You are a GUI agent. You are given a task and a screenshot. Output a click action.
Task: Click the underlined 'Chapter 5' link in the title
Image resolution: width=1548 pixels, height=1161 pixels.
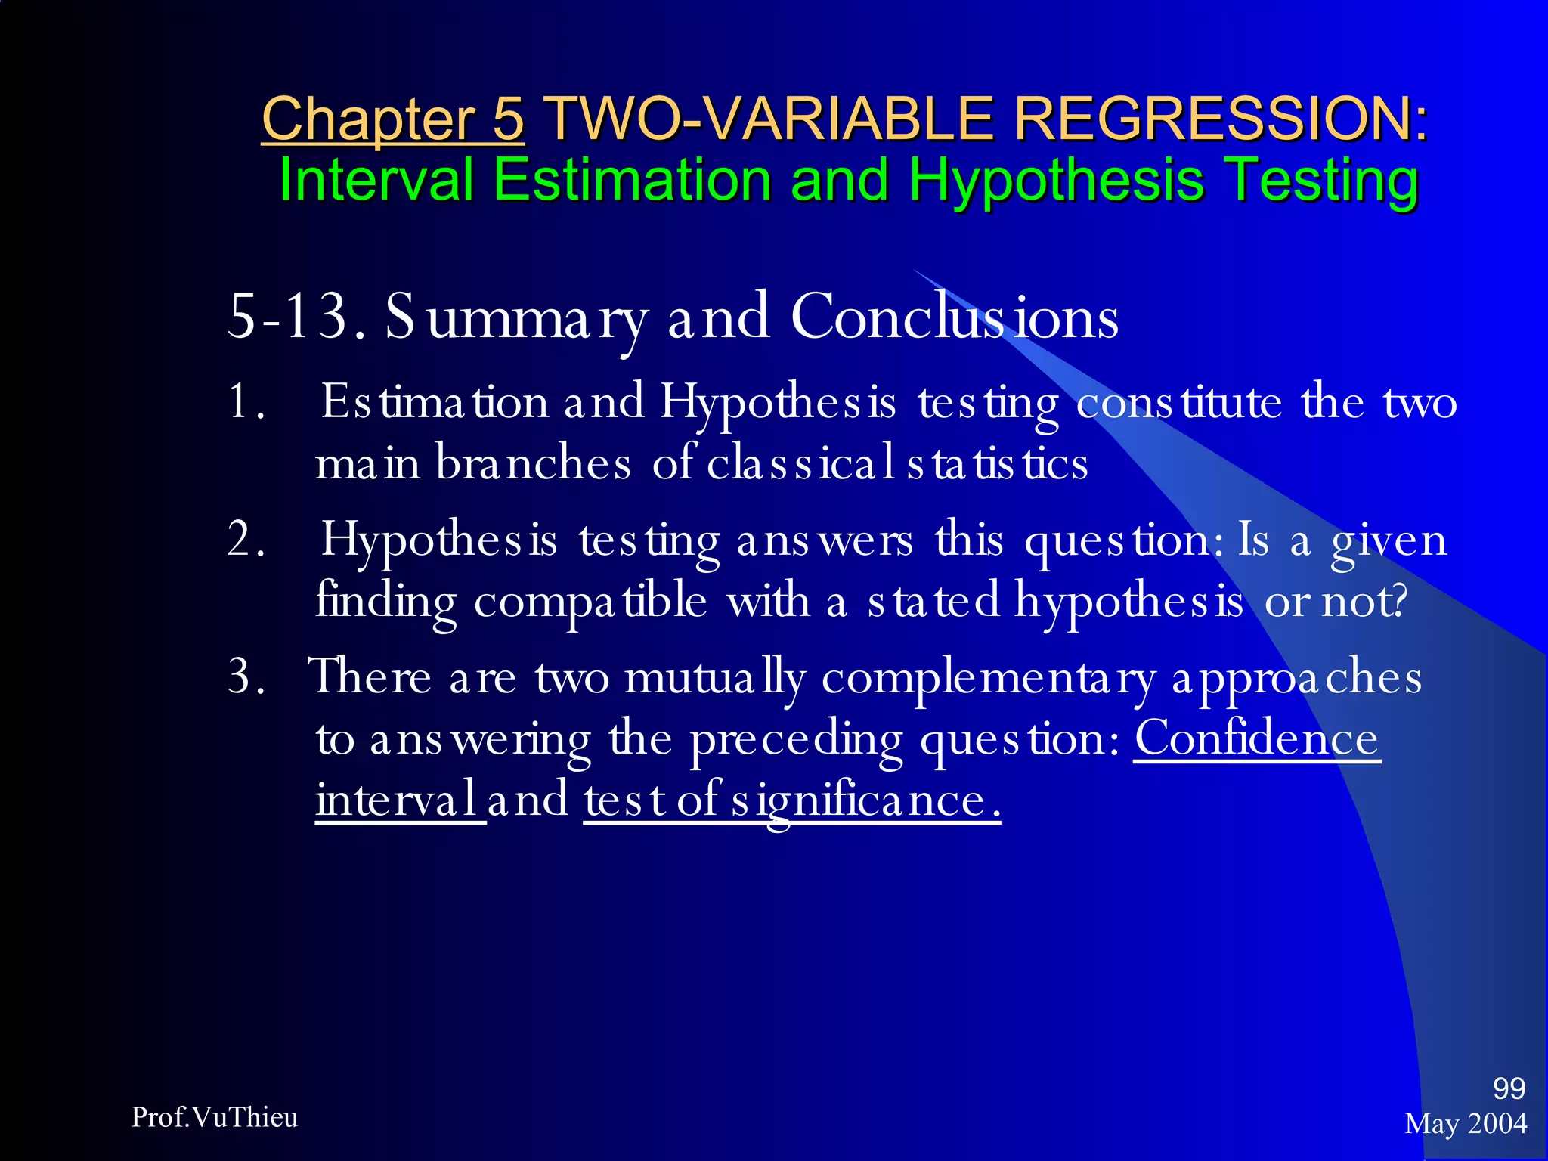[392, 119]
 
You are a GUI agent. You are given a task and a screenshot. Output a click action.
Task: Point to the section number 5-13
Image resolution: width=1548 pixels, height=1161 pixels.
[287, 316]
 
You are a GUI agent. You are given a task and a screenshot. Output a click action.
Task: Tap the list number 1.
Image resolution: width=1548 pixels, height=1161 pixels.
[246, 401]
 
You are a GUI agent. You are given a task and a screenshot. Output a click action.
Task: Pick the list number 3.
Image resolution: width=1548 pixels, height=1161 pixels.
[246, 676]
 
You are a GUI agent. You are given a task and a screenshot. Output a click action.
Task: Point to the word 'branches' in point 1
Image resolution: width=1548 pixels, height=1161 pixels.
[533, 463]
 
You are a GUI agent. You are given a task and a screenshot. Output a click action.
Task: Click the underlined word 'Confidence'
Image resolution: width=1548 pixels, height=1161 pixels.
[1256, 738]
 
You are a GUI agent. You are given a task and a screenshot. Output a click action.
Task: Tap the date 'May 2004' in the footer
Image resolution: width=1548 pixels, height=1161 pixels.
[1466, 1124]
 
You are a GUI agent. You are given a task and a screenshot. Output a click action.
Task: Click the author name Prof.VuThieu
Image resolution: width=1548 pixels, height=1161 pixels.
[215, 1117]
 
